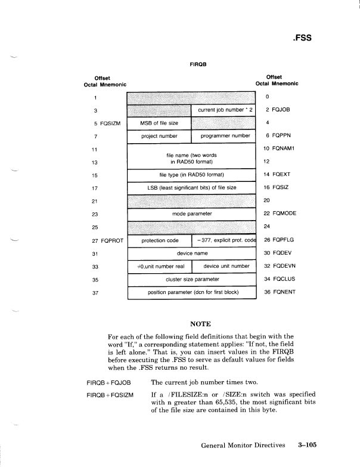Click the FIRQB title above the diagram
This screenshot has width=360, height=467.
[x=198, y=64]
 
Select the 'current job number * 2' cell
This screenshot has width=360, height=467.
[x=222, y=110]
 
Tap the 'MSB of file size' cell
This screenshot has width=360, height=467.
[x=159, y=123]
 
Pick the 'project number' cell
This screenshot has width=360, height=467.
[x=159, y=136]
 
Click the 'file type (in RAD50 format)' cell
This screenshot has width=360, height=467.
[x=191, y=175]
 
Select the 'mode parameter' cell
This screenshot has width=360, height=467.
[x=191, y=214]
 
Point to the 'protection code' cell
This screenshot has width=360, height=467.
[x=159, y=240]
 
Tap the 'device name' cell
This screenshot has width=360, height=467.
[x=191, y=253]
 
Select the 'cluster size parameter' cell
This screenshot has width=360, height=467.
[x=191, y=279]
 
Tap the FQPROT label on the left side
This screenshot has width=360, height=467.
[x=112, y=240]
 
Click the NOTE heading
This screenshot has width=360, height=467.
[x=200, y=324]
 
